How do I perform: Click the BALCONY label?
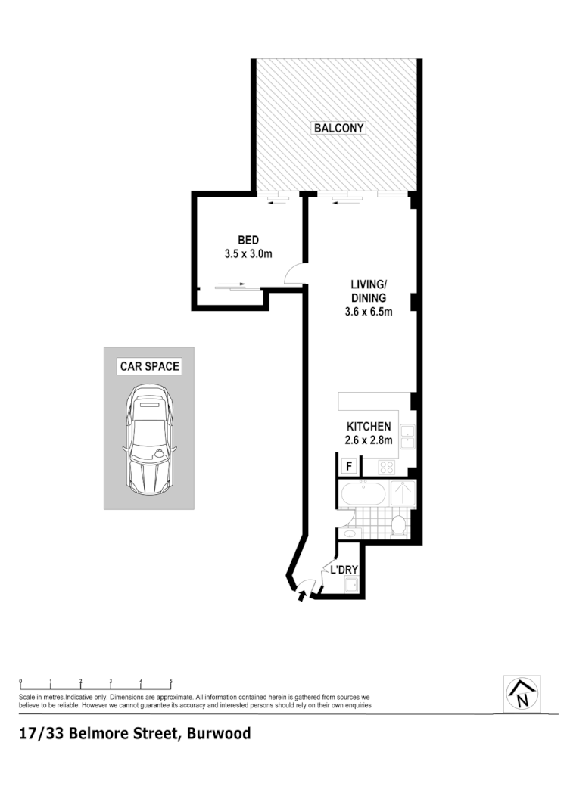point(339,128)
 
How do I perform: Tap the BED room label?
point(248,241)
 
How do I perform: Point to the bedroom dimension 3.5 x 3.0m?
point(248,254)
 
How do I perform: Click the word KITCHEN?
point(369,427)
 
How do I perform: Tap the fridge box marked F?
point(349,466)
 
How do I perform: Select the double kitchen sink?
point(407,437)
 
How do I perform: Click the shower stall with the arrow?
point(401,493)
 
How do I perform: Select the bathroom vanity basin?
point(349,533)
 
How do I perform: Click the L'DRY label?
point(343,570)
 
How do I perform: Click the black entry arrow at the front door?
point(303,596)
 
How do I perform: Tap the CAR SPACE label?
point(149,367)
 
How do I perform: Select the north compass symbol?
point(522,693)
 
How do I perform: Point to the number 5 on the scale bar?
point(171,681)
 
